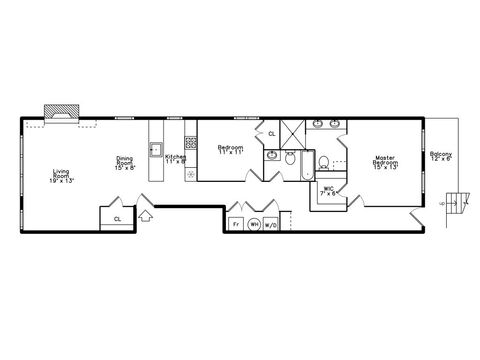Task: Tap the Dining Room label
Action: [x=125, y=164]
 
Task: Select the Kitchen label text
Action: [x=175, y=157]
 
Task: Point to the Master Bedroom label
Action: [x=385, y=162]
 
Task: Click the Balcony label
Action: [x=441, y=157]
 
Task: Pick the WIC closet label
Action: [x=328, y=191]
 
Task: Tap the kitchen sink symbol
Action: [x=156, y=151]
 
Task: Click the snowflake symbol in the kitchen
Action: [x=190, y=173]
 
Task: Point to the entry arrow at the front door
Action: [x=145, y=213]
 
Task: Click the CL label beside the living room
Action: [x=117, y=217]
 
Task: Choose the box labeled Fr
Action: [x=236, y=224]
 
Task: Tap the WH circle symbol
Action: [x=254, y=224]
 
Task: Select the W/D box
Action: [x=272, y=224]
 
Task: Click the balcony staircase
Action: [x=459, y=202]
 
